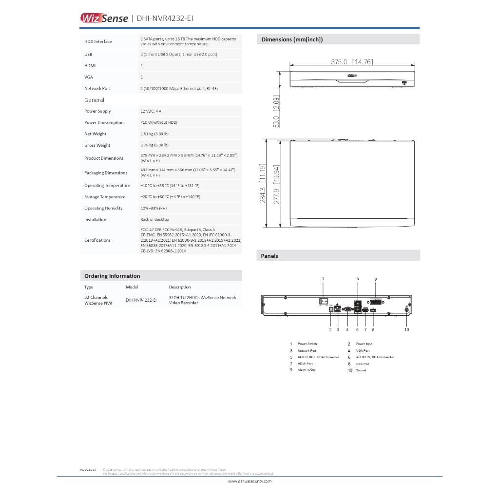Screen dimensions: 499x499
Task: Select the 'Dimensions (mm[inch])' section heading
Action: (292, 39)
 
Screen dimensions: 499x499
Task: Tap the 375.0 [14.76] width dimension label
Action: (352, 62)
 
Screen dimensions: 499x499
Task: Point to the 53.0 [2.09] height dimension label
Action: (276, 112)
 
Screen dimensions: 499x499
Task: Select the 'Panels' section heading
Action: (269, 256)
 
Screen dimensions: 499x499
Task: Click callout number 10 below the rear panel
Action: (407, 330)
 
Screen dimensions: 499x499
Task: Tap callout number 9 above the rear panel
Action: (376, 279)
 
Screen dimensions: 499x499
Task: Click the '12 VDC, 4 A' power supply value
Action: (151, 111)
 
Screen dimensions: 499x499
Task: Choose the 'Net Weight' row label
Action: (95, 134)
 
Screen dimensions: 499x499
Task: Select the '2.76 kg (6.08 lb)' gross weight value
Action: (154, 145)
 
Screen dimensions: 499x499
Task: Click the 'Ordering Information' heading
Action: (112, 276)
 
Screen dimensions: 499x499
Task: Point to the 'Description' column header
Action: (180, 287)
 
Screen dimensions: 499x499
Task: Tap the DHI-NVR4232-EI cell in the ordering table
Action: (141, 301)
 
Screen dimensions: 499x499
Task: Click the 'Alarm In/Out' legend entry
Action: (307, 370)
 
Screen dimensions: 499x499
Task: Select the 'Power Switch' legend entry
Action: (307, 344)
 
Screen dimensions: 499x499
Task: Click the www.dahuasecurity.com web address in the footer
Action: (249, 481)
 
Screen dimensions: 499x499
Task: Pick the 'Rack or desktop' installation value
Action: (154, 219)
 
